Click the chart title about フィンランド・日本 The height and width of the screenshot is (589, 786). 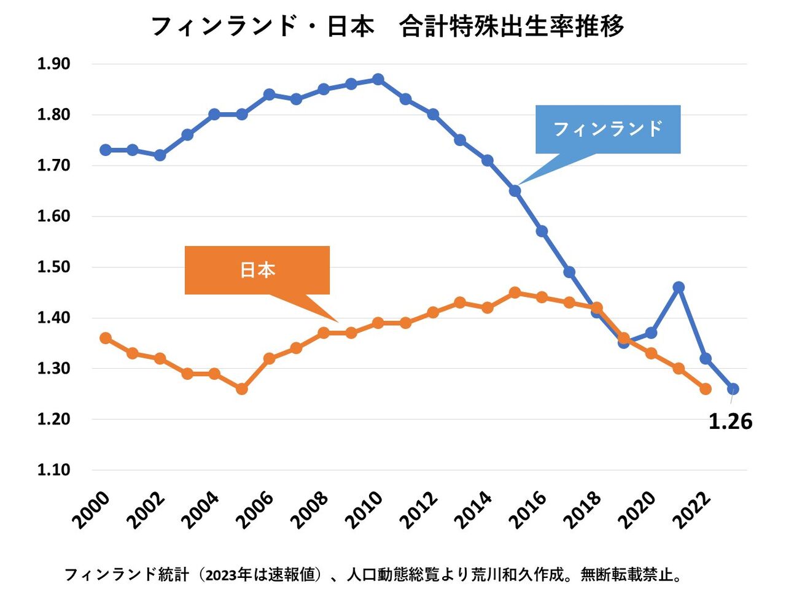pos(387,27)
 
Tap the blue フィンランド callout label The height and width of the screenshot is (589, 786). pos(608,129)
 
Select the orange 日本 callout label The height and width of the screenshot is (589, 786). pos(257,270)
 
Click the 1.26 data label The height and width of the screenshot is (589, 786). pos(730,422)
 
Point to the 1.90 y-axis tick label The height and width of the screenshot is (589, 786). pos(54,64)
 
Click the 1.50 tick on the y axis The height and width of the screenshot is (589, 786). pos(54,267)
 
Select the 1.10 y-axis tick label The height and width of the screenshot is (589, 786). pos(54,470)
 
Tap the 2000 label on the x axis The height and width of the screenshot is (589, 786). pos(92,509)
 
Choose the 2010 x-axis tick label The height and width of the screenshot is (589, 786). pos(364,509)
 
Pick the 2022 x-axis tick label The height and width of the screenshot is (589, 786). pos(691,509)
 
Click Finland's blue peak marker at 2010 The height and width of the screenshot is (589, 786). pos(378,79)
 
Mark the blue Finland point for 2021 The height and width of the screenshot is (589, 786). pos(679,287)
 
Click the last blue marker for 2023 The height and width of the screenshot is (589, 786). pos(733,389)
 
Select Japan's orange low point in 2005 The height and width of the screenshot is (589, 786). pos(242,389)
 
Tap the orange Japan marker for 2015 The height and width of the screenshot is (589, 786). pos(515,293)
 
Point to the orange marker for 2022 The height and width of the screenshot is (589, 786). pos(706,389)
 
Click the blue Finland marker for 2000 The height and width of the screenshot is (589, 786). pos(106,150)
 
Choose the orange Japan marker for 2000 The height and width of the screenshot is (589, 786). pos(106,338)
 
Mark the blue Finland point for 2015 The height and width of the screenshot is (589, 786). pos(515,191)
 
